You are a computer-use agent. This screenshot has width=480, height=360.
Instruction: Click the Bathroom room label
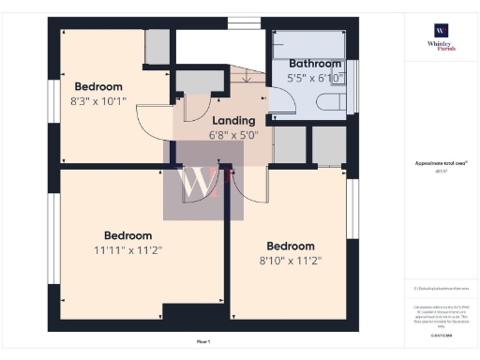click(x=314, y=64)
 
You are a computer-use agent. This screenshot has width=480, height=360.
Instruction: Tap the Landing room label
click(x=234, y=121)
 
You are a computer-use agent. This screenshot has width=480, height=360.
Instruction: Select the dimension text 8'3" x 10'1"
click(x=99, y=102)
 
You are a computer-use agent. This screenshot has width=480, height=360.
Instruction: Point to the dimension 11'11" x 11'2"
click(x=128, y=250)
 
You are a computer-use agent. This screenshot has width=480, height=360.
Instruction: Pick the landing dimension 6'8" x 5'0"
click(x=234, y=136)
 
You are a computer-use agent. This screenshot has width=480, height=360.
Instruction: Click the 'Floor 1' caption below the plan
click(x=203, y=341)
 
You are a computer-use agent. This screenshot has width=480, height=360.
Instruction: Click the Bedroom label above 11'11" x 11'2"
click(x=128, y=235)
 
